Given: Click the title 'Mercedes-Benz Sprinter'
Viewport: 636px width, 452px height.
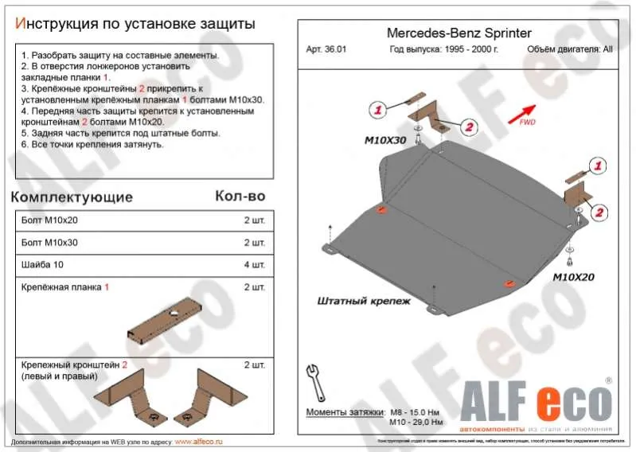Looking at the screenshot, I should pyautogui.click(x=458, y=33).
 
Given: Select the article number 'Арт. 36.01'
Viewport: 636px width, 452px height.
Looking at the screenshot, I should pyautogui.click(x=326, y=49).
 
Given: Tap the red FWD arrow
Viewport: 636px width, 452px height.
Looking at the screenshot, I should pyautogui.click(x=521, y=113).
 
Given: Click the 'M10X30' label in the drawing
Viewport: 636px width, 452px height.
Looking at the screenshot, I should pyautogui.click(x=385, y=140).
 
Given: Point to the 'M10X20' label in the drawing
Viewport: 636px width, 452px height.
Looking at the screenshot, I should pyautogui.click(x=575, y=277).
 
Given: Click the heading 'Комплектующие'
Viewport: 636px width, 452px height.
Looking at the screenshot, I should pyautogui.click(x=72, y=197).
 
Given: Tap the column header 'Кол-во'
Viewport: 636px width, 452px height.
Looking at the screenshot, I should pyautogui.click(x=240, y=196).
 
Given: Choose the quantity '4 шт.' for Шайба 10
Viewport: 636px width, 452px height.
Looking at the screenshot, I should pyautogui.click(x=254, y=264).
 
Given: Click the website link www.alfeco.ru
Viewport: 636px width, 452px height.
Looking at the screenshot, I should pyautogui.click(x=198, y=441).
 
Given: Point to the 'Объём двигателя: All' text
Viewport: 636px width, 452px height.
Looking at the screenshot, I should pyautogui.click(x=569, y=49).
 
